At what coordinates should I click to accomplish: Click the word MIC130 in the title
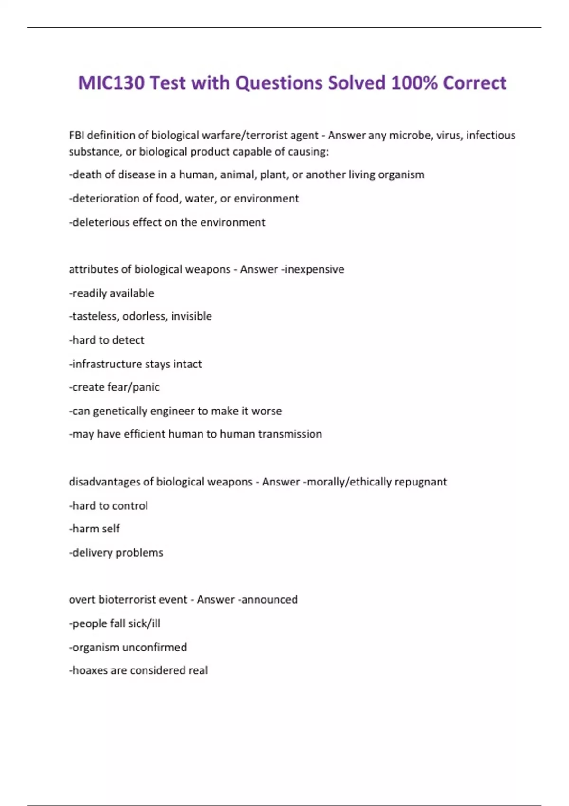point(111,83)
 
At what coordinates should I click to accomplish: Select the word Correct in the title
point(475,83)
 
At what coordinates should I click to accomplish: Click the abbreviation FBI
point(76,136)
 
